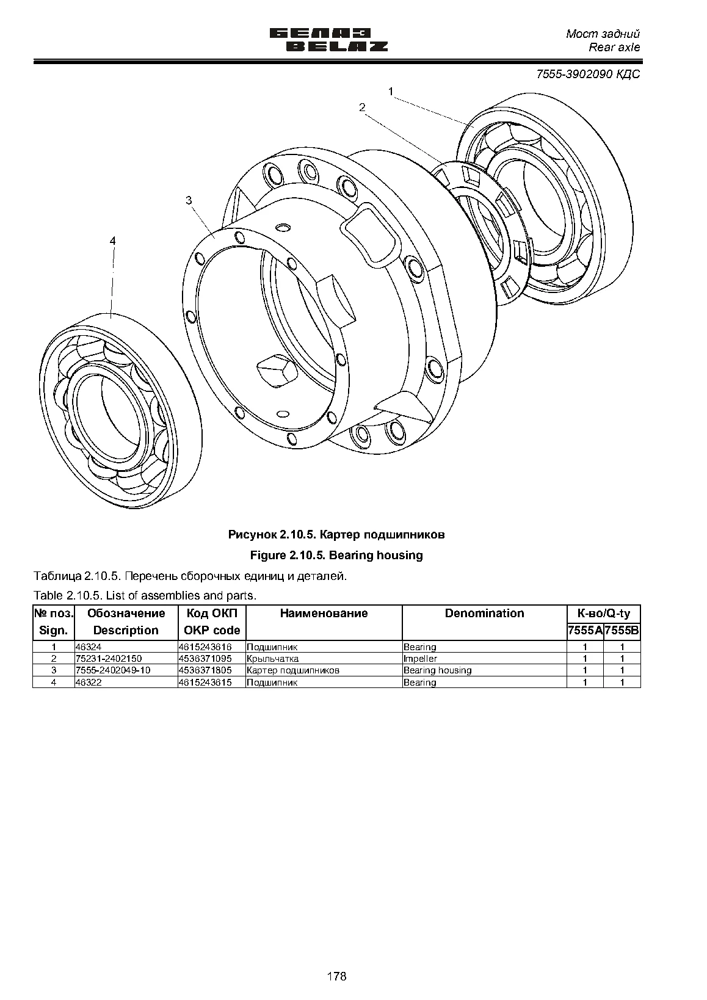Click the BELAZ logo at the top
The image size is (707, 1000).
click(329, 40)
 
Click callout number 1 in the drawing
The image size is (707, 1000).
click(391, 92)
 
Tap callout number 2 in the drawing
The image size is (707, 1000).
click(362, 107)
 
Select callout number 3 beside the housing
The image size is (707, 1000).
click(189, 200)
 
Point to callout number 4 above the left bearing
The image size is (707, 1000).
click(112, 241)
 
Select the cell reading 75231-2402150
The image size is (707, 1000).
click(109, 659)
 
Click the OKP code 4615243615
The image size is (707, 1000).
click(205, 682)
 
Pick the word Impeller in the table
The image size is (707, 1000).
click(421, 659)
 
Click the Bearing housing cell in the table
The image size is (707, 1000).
click(437, 670)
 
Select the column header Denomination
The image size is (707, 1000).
click(484, 613)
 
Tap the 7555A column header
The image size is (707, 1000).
click(585, 631)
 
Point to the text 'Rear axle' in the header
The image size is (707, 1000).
click(614, 48)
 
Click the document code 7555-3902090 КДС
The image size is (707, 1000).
click(589, 74)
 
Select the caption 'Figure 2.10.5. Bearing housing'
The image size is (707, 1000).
click(336, 555)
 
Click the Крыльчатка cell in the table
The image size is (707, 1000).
click(273, 659)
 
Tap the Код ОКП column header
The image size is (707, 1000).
click(212, 613)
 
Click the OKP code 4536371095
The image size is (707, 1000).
click(205, 659)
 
